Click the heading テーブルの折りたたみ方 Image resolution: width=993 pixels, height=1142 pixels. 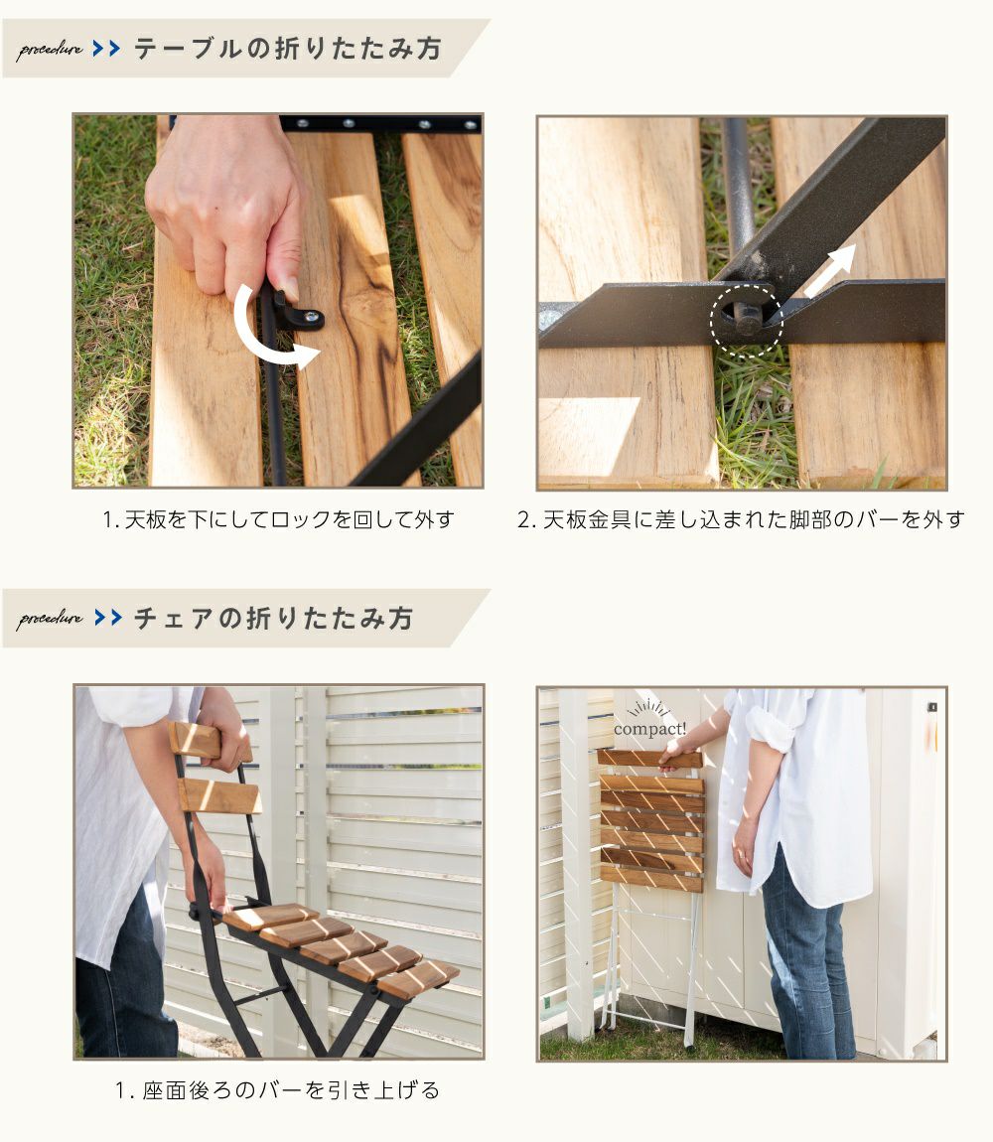click(288, 49)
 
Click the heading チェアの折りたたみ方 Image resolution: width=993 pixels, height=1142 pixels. click(273, 619)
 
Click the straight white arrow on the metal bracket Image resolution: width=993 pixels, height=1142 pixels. click(830, 271)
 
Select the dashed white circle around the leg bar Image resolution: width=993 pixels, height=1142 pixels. click(747, 321)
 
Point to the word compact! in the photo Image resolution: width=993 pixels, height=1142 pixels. click(649, 728)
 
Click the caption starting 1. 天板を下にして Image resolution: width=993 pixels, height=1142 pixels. click(278, 519)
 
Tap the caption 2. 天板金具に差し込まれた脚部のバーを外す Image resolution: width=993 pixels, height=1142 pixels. click(741, 519)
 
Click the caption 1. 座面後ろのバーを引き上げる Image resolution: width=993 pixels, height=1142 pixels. click(278, 1089)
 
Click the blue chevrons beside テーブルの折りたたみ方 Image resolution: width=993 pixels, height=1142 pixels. click(106, 49)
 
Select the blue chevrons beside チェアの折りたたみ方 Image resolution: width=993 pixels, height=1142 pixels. click(108, 618)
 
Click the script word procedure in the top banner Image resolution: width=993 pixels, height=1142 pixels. click(50, 50)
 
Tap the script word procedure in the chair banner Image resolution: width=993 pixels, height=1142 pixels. click(50, 619)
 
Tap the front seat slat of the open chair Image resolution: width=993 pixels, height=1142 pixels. click(418, 979)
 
